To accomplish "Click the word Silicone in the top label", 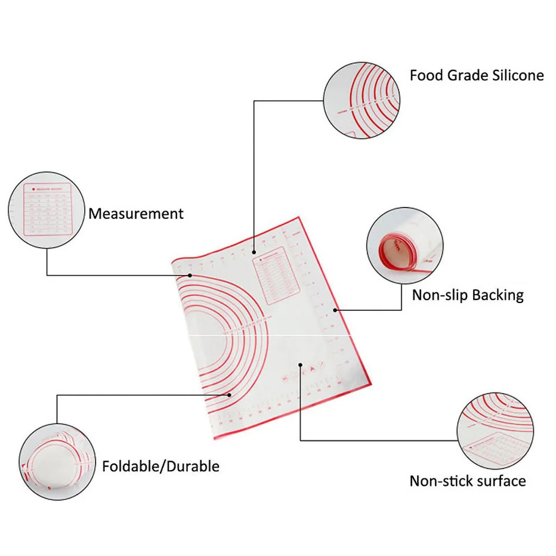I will (x=514, y=76).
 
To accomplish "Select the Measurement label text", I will (x=136, y=214).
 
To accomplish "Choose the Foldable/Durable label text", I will (x=160, y=466).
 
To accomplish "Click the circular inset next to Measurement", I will (x=46, y=211).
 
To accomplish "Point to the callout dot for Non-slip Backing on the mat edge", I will (x=336, y=310).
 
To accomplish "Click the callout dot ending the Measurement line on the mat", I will (x=190, y=275).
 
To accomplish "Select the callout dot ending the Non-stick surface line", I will (x=300, y=365).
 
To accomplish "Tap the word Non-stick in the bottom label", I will (x=438, y=481).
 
